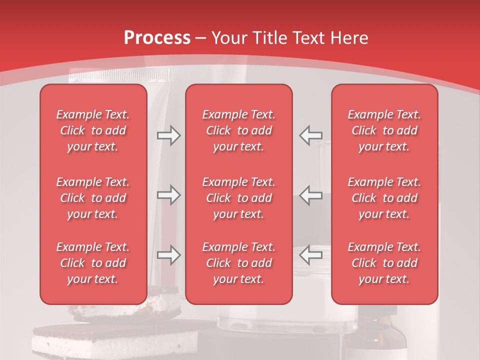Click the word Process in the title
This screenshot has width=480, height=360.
(x=157, y=38)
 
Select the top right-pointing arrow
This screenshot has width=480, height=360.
(x=169, y=135)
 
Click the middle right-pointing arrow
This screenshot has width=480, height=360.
(x=169, y=195)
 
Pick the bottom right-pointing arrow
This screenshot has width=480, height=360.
(x=169, y=255)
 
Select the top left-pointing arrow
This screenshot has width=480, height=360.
(x=310, y=135)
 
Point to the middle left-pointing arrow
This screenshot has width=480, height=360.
(x=310, y=195)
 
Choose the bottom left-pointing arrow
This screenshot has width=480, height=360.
(x=310, y=255)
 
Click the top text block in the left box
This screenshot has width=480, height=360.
(x=93, y=130)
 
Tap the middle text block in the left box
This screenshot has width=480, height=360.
(x=93, y=198)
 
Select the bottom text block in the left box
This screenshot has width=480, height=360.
(x=93, y=263)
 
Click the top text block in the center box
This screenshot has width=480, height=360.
(x=239, y=130)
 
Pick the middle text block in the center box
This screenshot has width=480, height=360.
(x=239, y=198)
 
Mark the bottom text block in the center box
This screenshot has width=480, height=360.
(x=239, y=263)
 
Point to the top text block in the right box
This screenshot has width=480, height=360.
(x=384, y=130)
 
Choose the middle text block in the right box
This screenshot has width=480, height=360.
(x=384, y=198)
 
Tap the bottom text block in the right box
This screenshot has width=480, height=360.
(x=384, y=263)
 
